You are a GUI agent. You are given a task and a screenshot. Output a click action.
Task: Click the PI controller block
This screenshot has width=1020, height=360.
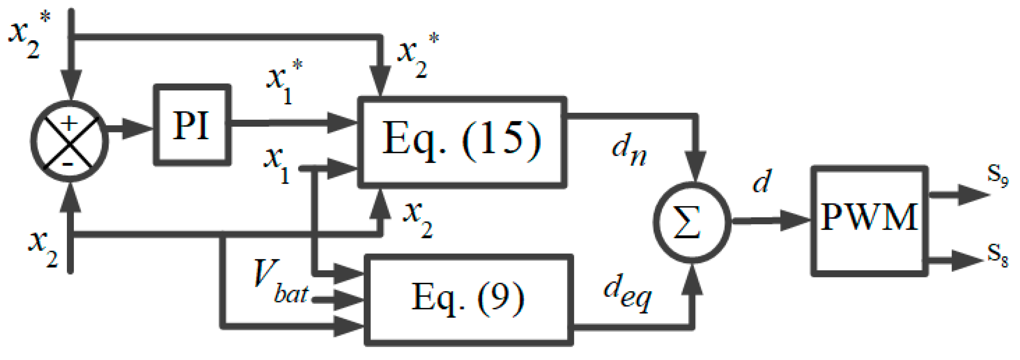(192, 125)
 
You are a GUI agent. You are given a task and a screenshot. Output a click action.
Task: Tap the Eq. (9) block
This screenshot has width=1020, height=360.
(468, 300)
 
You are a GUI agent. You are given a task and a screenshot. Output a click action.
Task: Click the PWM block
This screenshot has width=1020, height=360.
(869, 221)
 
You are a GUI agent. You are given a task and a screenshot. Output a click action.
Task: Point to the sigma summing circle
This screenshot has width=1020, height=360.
(691, 222)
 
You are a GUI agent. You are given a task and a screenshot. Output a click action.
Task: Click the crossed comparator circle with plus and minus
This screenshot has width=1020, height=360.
(69, 142)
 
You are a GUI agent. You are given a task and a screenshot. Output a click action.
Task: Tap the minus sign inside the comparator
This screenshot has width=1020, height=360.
(68, 164)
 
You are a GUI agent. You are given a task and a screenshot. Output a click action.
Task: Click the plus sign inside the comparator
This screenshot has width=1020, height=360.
(69, 123)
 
